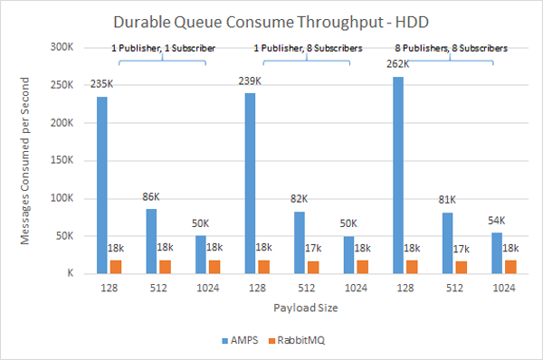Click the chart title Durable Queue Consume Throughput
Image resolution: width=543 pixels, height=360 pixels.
(x=271, y=20)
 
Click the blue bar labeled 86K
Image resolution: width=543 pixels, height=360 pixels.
(x=151, y=241)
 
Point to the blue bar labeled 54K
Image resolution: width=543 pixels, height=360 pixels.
(x=496, y=252)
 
